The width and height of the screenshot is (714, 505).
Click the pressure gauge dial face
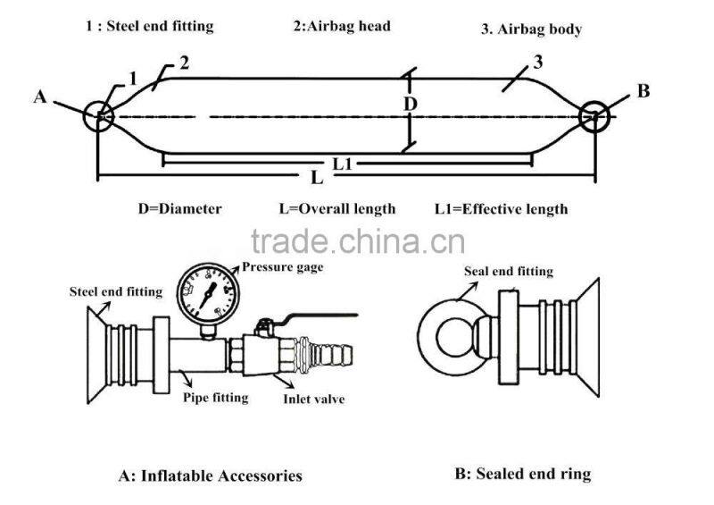click(x=208, y=294)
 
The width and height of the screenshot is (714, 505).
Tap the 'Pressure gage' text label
click(x=282, y=267)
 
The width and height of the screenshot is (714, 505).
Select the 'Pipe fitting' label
click(x=216, y=398)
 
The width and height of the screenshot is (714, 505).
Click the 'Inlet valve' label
click(x=314, y=400)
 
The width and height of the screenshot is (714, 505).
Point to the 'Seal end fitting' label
click(x=509, y=272)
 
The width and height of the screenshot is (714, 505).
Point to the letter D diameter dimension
click(x=411, y=105)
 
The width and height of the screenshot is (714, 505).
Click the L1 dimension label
click(x=343, y=164)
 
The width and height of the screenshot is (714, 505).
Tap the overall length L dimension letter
click(x=317, y=178)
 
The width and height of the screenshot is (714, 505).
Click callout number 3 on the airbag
click(x=538, y=62)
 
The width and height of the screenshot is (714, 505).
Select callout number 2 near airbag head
click(x=184, y=63)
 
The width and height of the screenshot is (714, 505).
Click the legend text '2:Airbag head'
click(x=342, y=26)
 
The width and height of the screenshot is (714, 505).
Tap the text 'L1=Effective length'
click(x=502, y=209)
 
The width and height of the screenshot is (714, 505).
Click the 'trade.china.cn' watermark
click(x=358, y=241)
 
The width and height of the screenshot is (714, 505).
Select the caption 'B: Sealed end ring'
click(x=523, y=474)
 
